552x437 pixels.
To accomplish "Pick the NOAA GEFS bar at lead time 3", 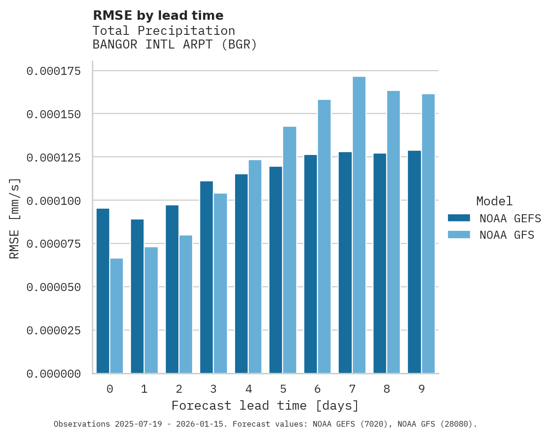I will pos(206,277).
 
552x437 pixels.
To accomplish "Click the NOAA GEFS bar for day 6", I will pos(310,264).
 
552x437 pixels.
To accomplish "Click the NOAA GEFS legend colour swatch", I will pos(459,218).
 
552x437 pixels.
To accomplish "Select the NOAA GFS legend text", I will pos(507,235).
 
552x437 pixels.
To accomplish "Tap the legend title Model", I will pos(494,201).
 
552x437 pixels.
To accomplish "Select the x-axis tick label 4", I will pos(248,389).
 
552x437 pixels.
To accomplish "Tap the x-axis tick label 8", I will pos(387,389).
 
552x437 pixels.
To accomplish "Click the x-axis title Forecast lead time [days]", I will pos(265,405).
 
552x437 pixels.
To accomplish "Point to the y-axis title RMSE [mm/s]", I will pos(15,218).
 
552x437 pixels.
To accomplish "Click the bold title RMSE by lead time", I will pos(158,16).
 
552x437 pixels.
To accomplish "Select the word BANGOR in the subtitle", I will pos(111,45).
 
